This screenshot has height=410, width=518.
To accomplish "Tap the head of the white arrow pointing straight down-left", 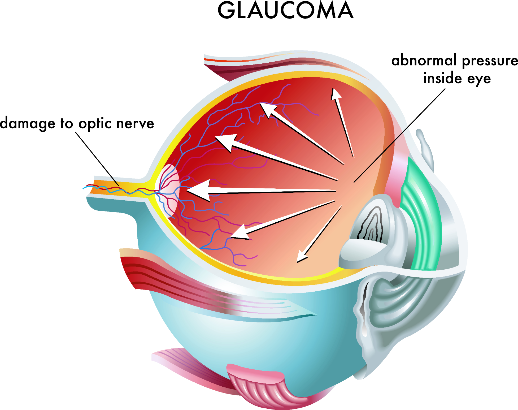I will click(301, 257).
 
